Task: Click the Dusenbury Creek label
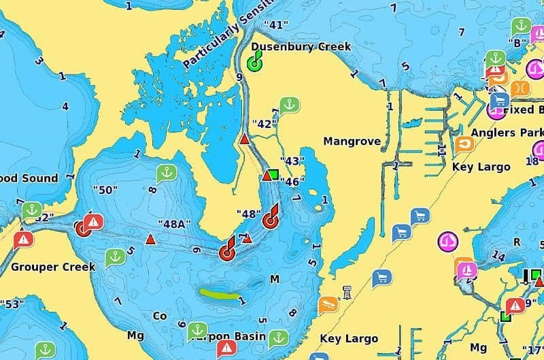301,47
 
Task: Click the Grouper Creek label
43,266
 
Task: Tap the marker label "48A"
173,224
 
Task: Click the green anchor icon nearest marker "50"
167,174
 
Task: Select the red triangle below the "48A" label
150,240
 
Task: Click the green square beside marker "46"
274,174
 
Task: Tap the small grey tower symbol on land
348,293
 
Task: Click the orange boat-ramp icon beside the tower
328,304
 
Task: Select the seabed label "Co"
159,316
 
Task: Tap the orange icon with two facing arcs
519,89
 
